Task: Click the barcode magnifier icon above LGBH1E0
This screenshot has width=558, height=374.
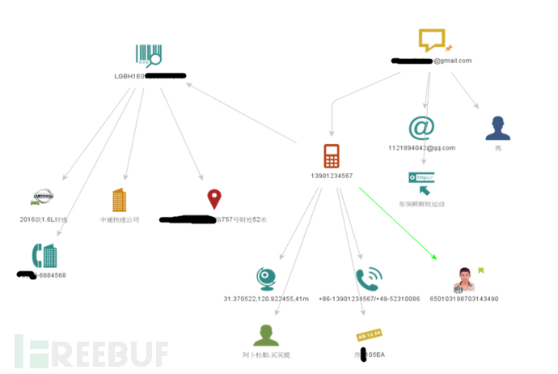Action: (x=149, y=55)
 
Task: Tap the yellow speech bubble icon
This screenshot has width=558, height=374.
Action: (x=431, y=40)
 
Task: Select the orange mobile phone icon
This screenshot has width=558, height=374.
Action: (x=331, y=156)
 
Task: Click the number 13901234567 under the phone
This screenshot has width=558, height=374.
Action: (x=332, y=176)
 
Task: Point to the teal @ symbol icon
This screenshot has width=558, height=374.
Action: (x=421, y=128)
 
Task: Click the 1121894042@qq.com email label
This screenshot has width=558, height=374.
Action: (x=421, y=148)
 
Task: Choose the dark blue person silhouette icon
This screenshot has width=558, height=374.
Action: (x=497, y=128)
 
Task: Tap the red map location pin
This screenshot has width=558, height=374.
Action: (x=213, y=198)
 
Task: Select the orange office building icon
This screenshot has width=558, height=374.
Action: (x=119, y=200)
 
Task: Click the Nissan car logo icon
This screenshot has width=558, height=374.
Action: (x=41, y=197)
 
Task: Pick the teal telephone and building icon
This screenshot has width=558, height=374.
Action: (x=44, y=256)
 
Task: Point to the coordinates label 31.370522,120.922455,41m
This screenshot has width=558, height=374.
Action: (x=266, y=299)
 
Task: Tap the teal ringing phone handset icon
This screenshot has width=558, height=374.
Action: (x=368, y=279)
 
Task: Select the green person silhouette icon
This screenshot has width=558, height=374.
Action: (x=266, y=334)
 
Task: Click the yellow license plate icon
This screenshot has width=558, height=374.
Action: (x=369, y=334)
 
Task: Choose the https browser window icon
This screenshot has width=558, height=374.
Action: (x=421, y=181)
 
